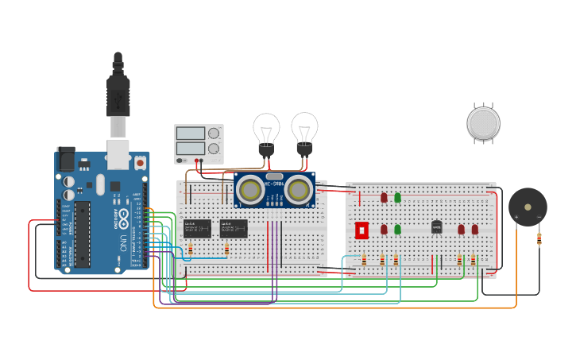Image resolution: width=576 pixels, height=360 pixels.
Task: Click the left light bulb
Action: click(x=266, y=130)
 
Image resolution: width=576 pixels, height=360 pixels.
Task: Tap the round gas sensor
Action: click(x=483, y=123)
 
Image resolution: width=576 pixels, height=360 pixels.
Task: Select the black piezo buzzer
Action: click(x=528, y=207)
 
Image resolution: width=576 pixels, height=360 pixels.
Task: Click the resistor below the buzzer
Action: click(x=539, y=238)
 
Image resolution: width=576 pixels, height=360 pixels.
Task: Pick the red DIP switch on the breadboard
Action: click(x=361, y=230)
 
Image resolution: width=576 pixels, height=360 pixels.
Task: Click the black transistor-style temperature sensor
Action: click(x=436, y=227)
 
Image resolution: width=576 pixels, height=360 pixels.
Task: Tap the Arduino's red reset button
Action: click(x=140, y=162)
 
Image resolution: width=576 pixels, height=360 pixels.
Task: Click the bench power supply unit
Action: click(x=199, y=143)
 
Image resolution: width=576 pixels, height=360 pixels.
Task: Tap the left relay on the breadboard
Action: click(x=197, y=228)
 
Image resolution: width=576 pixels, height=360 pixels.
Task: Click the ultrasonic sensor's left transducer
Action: click(x=250, y=189)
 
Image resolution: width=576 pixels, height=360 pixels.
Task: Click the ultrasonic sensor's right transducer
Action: click(x=299, y=189)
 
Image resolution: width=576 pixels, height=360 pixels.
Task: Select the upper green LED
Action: click(x=398, y=197)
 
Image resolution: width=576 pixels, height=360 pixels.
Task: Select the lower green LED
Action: click(x=398, y=229)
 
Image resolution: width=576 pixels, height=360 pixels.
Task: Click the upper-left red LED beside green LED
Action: click(x=384, y=197)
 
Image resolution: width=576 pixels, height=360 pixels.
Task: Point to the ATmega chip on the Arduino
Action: click(x=83, y=234)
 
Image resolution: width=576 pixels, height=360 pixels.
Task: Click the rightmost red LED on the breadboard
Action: click(x=475, y=229)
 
